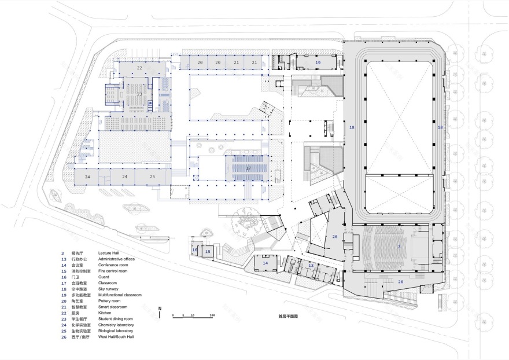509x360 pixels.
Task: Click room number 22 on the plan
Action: pyautogui.click(x=139, y=68)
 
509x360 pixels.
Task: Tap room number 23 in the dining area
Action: pyautogui.click(x=139, y=93)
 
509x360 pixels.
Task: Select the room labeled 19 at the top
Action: pyautogui.click(x=317, y=62)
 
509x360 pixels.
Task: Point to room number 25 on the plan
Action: pyautogui.click(x=152, y=176)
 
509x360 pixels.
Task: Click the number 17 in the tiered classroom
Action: pyautogui.click(x=249, y=168)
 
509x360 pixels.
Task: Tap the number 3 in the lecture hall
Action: pyautogui.click(x=399, y=247)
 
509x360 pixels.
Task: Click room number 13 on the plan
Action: pyautogui.click(x=311, y=266)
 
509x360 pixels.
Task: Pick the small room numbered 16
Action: pyautogui.click(x=195, y=250)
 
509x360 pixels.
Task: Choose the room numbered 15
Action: pyautogui.click(x=207, y=252)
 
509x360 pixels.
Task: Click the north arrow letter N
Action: pyautogui.click(x=160, y=308)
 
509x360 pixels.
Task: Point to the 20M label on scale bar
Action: pyautogui.click(x=212, y=315)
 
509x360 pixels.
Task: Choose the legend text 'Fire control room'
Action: pyautogui.click(x=115, y=271)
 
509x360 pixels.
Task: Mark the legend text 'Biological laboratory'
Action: pyautogui.click(x=120, y=330)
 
